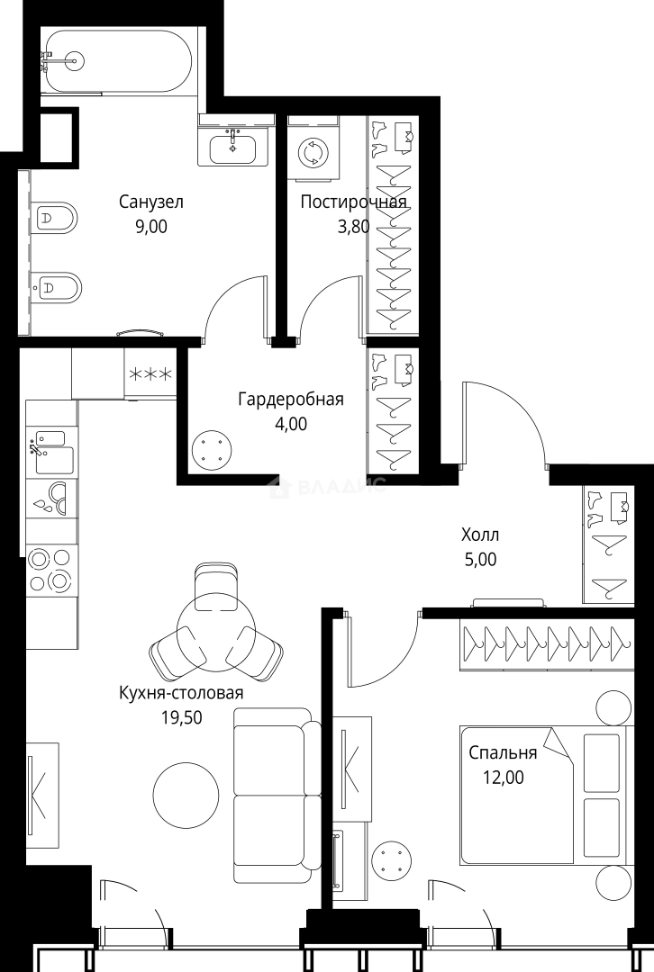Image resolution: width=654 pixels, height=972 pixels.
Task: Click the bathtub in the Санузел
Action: click(117, 60)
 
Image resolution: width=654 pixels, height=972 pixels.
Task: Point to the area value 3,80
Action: click(353, 227)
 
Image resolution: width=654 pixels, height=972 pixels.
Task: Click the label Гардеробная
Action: click(290, 399)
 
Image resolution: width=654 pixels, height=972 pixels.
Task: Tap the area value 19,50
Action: click(181, 717)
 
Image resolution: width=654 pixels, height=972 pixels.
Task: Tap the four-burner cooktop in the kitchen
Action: click(50, 570)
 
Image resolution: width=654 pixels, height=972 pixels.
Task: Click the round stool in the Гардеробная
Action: click(212, 447)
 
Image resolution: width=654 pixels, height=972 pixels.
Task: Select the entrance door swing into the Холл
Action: click(504, 423)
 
